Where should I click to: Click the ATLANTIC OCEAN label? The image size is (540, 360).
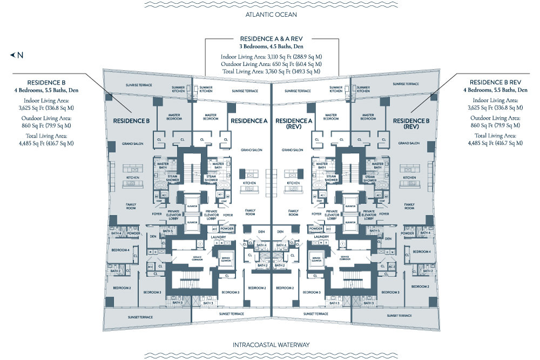[271, 15]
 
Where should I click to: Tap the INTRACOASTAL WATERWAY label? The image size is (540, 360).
[270, 344]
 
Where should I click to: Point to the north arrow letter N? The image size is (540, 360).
[20, 55]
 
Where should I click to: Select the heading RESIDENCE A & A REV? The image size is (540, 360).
[271, 39]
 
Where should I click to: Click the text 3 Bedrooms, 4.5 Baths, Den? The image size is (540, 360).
[271, 46]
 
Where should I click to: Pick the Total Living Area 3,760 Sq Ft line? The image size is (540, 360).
[271, 71]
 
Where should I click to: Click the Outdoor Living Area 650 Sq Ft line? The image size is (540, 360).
[271, 64]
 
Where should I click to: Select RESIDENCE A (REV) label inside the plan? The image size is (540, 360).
[292, 124]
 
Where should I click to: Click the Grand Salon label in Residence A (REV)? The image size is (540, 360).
[292, 150]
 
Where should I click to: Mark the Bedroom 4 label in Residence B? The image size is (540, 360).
[120, 251]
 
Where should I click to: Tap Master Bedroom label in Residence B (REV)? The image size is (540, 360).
[369, 117]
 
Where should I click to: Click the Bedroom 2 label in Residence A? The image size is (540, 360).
[257, 288]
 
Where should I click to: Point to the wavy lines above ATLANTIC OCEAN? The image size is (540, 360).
[271, 5]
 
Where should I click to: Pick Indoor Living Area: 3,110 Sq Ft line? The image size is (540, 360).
[271, 57]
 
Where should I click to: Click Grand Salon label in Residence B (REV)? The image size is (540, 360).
[409, 143]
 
